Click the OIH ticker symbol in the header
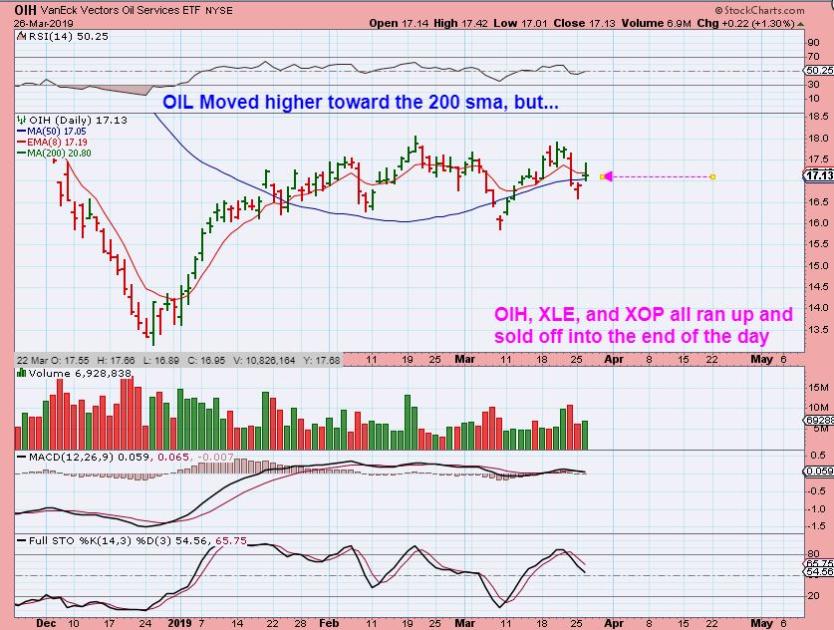click(16, 7)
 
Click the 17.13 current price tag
click(816, 176)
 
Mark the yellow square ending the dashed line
click(712, 177)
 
